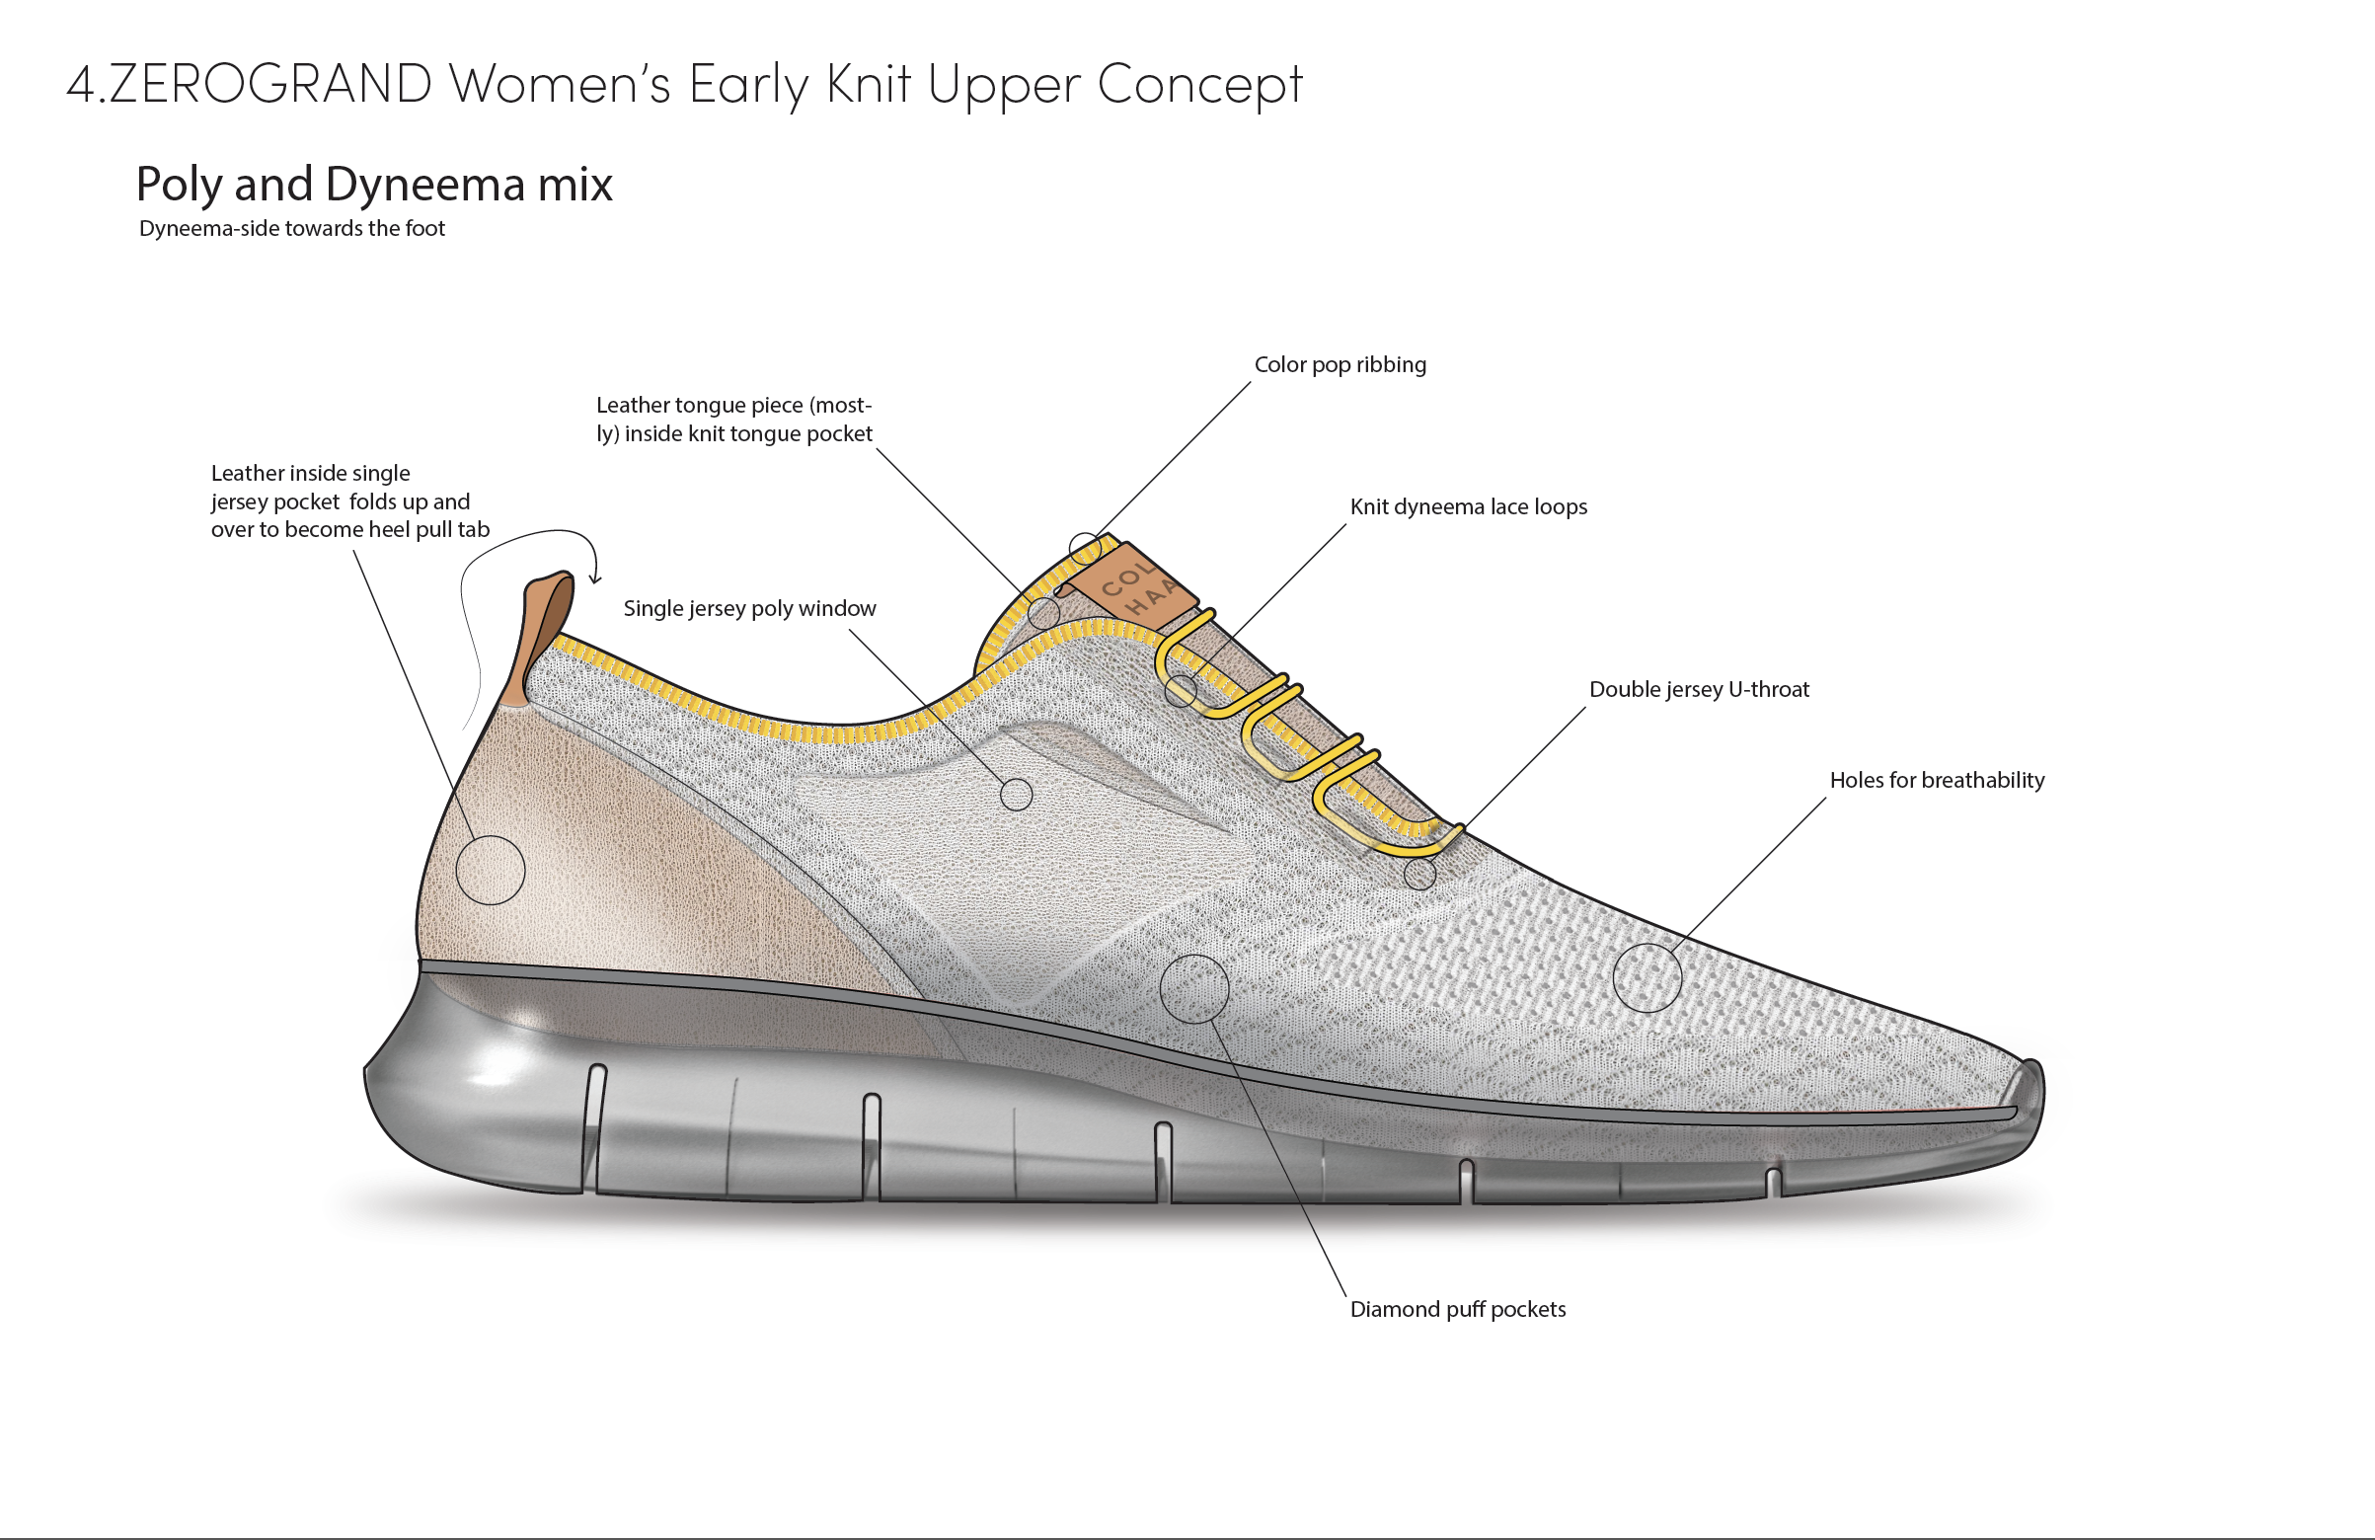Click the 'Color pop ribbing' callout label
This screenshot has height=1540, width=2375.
(1340, 365)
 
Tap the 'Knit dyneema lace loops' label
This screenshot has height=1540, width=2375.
(1468, 507)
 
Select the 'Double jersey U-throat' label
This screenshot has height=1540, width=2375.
(1699, 690)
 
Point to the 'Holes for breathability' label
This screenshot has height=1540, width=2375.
(1936, 781)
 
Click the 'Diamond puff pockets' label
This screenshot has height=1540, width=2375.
(1457, 1309)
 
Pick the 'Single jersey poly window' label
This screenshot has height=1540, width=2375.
(749, 609)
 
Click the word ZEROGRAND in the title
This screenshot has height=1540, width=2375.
(269, 84)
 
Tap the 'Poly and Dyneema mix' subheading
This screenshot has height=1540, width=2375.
(374, 185)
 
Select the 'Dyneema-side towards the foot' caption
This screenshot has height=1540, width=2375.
(291, 229)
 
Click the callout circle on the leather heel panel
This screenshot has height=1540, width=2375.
(490, 871)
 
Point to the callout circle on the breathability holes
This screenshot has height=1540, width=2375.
(1647, 977)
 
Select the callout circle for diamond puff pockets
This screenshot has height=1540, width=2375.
(1193, 988)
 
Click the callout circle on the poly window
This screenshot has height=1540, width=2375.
(1016, 795)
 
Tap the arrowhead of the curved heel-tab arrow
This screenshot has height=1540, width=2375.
(595, 578)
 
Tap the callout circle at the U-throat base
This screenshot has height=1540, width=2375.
(1419, 875)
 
